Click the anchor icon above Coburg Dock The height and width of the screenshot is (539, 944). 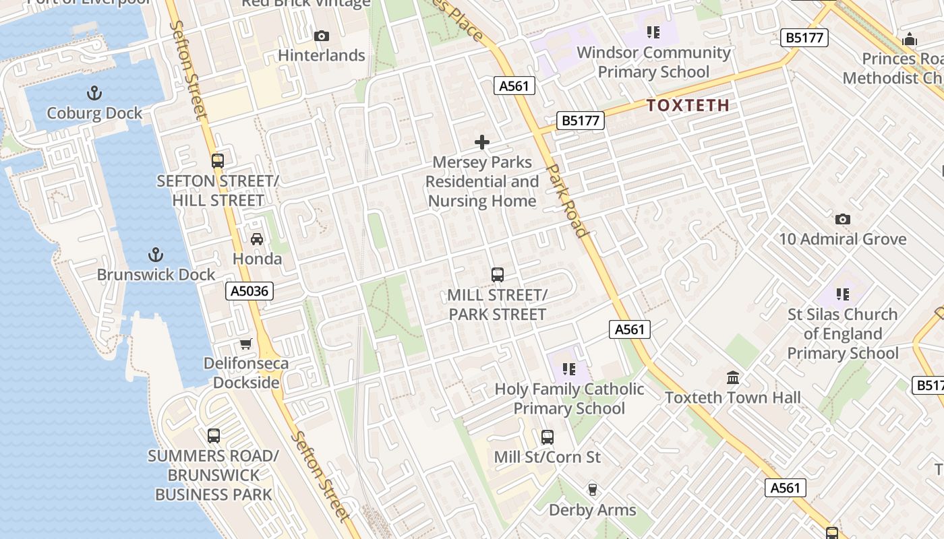(x=94, y=93)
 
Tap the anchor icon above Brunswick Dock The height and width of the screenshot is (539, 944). (x=156, y=255)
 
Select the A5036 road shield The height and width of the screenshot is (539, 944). (x=249, y=291)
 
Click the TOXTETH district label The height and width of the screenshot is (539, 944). (x=688, y=105)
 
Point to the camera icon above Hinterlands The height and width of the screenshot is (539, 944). (x=322, y=36)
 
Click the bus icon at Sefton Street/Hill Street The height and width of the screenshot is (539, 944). (x=217, y=161)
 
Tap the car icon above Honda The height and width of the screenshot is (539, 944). (x=257, y=239)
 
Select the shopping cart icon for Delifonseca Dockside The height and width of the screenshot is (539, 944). (x=246, y=344)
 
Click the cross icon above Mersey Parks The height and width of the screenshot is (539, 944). (x=482, y=142)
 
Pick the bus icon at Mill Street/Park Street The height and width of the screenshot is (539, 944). (x=498, y=275)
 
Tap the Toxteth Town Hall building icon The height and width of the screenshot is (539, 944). (x=733, y=377)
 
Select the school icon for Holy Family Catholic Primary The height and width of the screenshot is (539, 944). (x=569, y=369)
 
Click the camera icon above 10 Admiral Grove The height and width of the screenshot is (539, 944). (x=842, y=219)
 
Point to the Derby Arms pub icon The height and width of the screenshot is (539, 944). (x=593, y=490)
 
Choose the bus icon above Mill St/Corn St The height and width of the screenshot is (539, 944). (x=548, y=437)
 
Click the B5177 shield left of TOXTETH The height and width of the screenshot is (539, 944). (x=581, y=121)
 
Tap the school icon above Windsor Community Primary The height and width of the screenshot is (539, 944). (x=653, y=32)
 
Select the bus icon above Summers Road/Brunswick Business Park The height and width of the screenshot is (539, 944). (x=214, y=435)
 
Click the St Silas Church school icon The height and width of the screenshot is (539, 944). (x=842, y=294)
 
